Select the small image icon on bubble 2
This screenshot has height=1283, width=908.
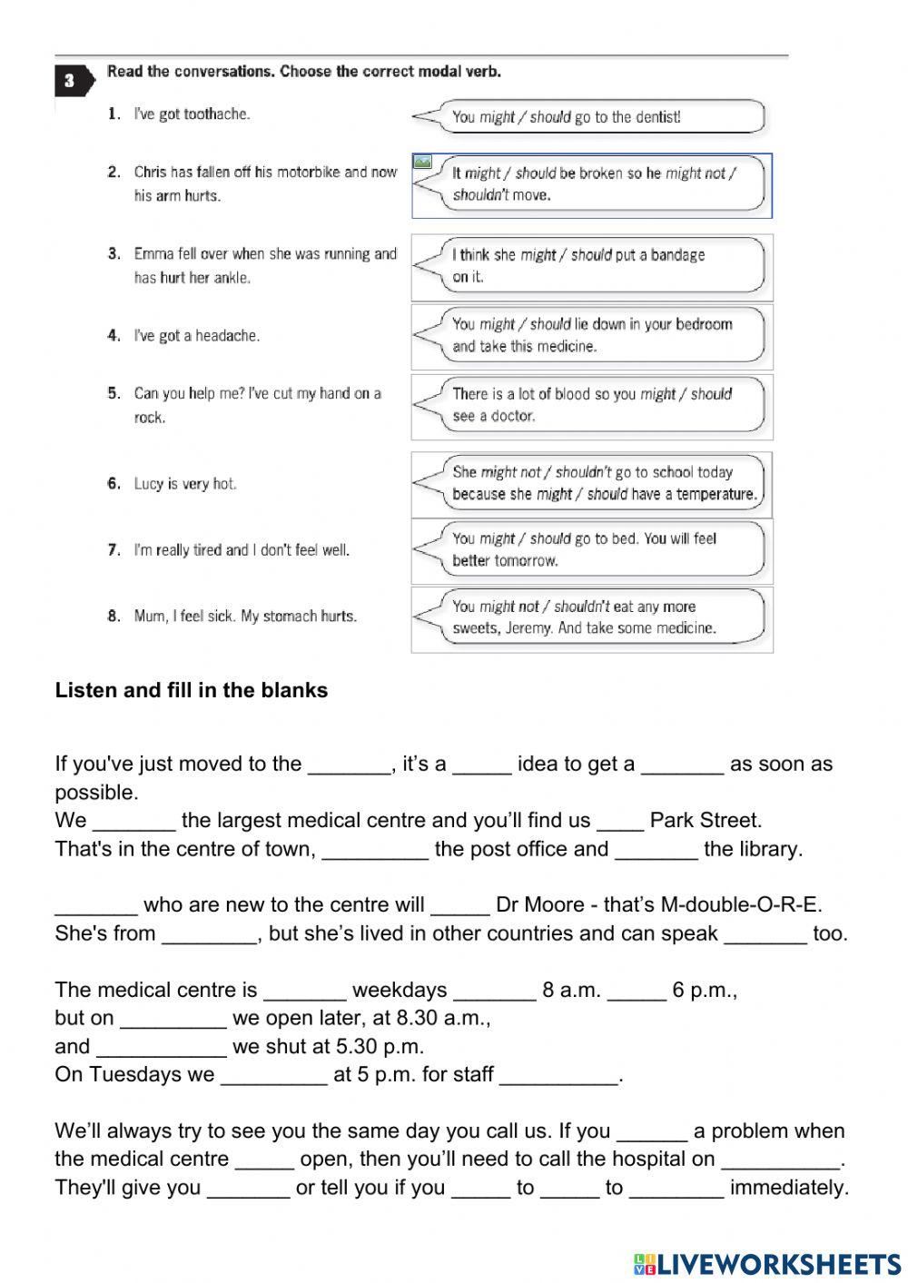point(422,162)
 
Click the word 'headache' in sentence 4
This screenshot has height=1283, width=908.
point(227,336)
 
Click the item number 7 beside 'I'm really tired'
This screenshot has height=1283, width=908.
point(113,550)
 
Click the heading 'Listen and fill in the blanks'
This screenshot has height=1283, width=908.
point(191,690)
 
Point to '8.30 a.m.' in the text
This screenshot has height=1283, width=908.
point(429,1018)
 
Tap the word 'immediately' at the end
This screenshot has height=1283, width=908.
point(787,1188)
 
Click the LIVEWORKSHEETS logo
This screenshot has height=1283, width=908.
point(767,1264)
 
